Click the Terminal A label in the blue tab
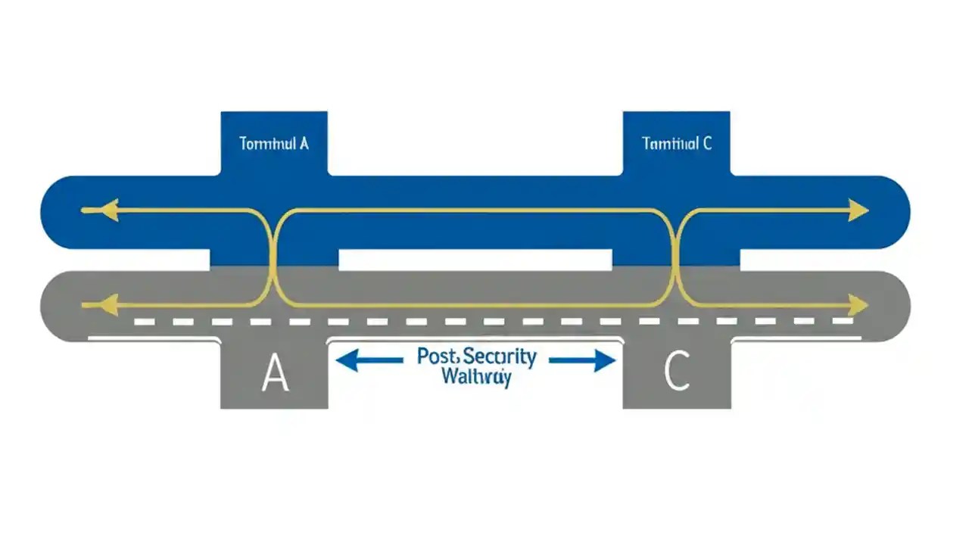273,143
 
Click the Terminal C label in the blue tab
676,143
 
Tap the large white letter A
275,373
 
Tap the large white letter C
676,373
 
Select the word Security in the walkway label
499,357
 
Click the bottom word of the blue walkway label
476,377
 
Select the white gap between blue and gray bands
475,260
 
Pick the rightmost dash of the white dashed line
843,322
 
